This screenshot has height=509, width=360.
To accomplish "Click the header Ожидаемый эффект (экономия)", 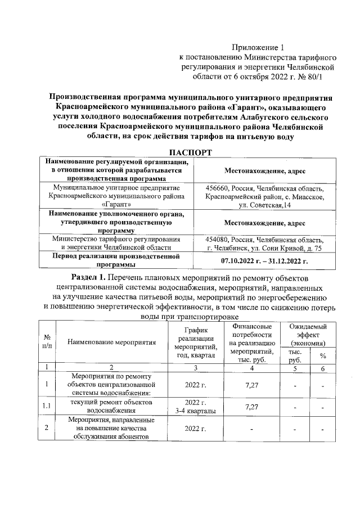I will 307,335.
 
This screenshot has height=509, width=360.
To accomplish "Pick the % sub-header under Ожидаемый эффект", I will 323,356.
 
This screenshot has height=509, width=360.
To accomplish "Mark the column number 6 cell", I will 323,368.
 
